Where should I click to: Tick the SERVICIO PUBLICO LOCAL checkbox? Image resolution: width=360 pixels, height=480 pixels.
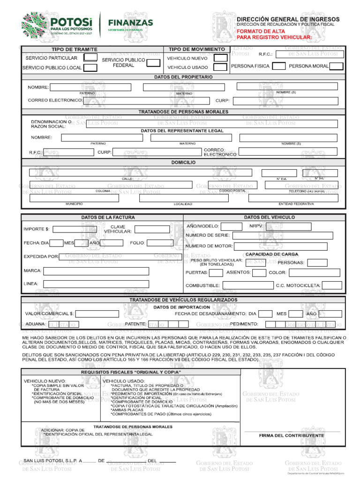(90, 67)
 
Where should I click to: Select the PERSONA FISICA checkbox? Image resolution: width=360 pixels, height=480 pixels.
(278, 66)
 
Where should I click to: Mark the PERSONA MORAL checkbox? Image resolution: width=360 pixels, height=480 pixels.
(336, 66)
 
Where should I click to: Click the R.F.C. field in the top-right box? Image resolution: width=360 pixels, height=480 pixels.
(309, 54)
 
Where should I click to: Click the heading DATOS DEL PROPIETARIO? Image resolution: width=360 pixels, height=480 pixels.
(183, 76)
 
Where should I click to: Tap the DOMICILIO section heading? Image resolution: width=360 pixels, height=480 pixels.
(183, 162)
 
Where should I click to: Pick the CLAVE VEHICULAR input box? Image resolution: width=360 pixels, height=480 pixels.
(157, 229)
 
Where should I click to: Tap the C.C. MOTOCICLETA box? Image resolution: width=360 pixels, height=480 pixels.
(332, 285)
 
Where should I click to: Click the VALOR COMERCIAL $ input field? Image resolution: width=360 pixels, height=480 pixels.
(104, 314)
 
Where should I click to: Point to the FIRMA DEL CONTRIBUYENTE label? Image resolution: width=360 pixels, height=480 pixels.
(291, 435)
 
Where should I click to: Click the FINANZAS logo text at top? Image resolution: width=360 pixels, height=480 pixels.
(130, 22)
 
